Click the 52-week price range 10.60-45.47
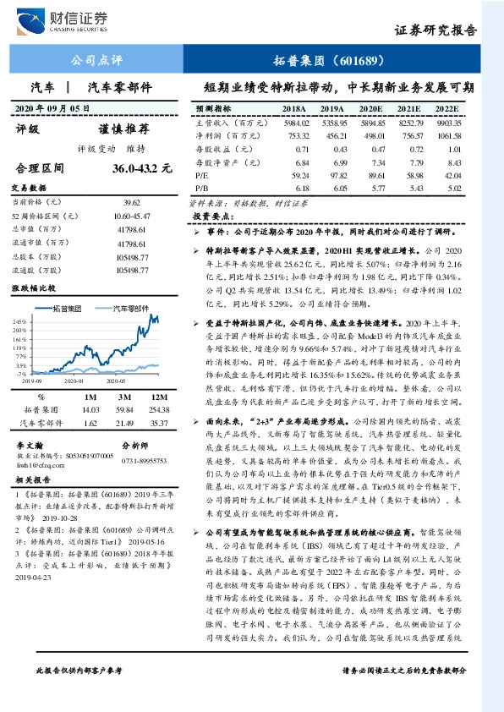[130, 217]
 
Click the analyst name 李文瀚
[30, 442]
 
